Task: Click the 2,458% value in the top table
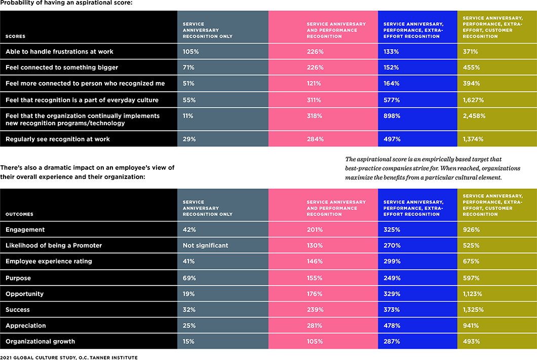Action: coord(474,116)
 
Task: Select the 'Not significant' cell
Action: coord(206,245)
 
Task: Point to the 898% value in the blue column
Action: coord(392,116)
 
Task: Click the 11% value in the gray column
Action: coord(188,116)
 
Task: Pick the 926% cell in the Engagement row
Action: coord(471,230)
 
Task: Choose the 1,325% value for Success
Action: coord(473,310)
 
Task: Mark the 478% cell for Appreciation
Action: coord(392,326)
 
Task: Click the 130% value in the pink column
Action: coord(315,245)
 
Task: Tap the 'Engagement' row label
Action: coord(25,230)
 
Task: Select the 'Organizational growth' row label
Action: coord(40,342)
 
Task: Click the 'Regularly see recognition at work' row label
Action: coord(58,139)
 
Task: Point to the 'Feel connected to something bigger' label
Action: coord(62,67)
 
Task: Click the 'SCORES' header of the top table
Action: coord(15,37)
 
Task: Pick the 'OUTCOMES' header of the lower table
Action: coord(19,214)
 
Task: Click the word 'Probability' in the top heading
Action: coord(18,4)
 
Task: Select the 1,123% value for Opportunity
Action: coord(473,294)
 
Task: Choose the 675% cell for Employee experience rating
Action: coord(471,262)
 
